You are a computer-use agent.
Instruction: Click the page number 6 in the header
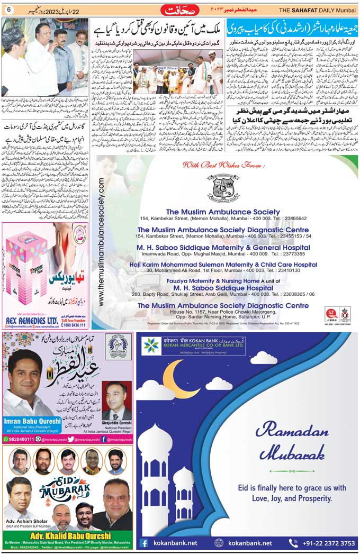pos(9,11)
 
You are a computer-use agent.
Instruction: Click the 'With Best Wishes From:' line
pos(222,165)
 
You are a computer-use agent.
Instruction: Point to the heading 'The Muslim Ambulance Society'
pos(223,212)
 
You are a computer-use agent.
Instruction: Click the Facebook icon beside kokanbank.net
pos(145,543)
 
